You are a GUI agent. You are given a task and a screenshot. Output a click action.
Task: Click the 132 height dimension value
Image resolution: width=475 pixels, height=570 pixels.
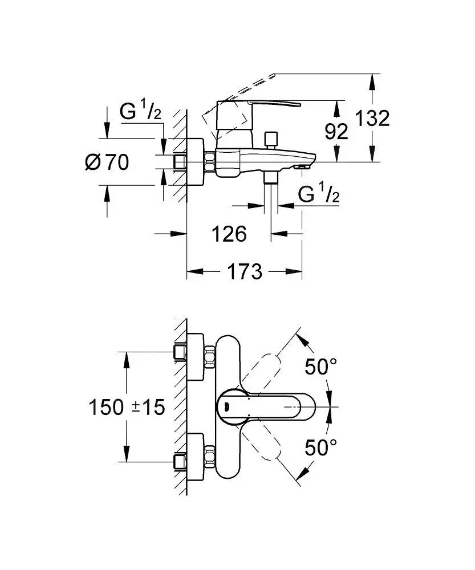372,119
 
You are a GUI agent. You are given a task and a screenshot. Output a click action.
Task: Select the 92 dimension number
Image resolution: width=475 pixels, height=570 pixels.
336,131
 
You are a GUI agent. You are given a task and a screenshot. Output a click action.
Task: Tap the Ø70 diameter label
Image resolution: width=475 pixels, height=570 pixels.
107,162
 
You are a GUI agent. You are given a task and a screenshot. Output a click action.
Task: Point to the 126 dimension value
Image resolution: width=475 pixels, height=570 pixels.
229,234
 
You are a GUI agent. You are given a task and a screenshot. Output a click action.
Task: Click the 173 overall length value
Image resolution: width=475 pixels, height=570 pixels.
245,271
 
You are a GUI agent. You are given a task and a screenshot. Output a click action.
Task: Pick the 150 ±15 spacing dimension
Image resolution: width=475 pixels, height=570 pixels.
127,407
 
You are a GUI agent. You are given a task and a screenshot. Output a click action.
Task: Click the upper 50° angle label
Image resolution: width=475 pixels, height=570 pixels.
321,367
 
